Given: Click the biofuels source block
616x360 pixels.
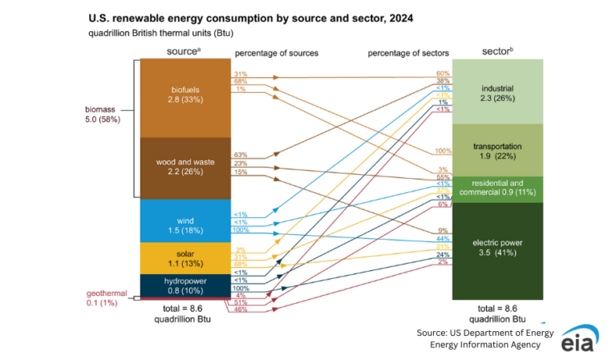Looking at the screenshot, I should tap(184, 96).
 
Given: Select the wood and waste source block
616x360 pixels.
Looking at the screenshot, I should tap(184, 168).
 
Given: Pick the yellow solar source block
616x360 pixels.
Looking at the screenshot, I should tap(184, 258).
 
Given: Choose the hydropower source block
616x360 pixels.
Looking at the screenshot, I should tap(184, 285).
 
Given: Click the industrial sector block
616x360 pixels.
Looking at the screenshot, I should tap(497, 91).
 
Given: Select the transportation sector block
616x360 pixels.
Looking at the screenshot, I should tap(497, 151).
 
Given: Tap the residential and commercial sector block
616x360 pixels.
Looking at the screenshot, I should tap(497, 188).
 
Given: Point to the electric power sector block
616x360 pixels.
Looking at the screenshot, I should tap(497, 247).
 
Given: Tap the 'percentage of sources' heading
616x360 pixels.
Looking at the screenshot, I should tap(277, 53).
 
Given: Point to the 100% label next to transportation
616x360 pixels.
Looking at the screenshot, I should tap(443, 151).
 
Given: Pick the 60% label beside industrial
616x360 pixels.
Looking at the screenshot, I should tap(443, 74).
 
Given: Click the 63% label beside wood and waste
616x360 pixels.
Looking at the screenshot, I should tap(240, 154).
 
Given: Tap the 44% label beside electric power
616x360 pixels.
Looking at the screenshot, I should tap(443, 239).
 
